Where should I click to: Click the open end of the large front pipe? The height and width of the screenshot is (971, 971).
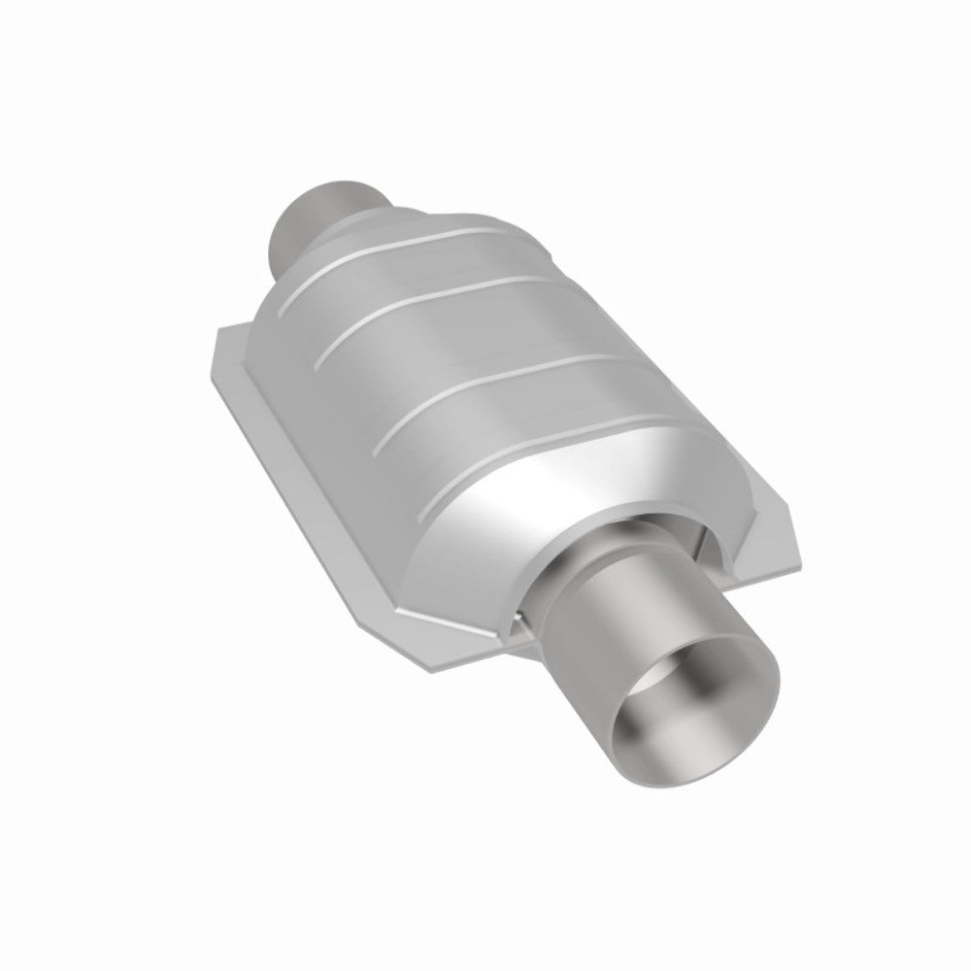[680, 719]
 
